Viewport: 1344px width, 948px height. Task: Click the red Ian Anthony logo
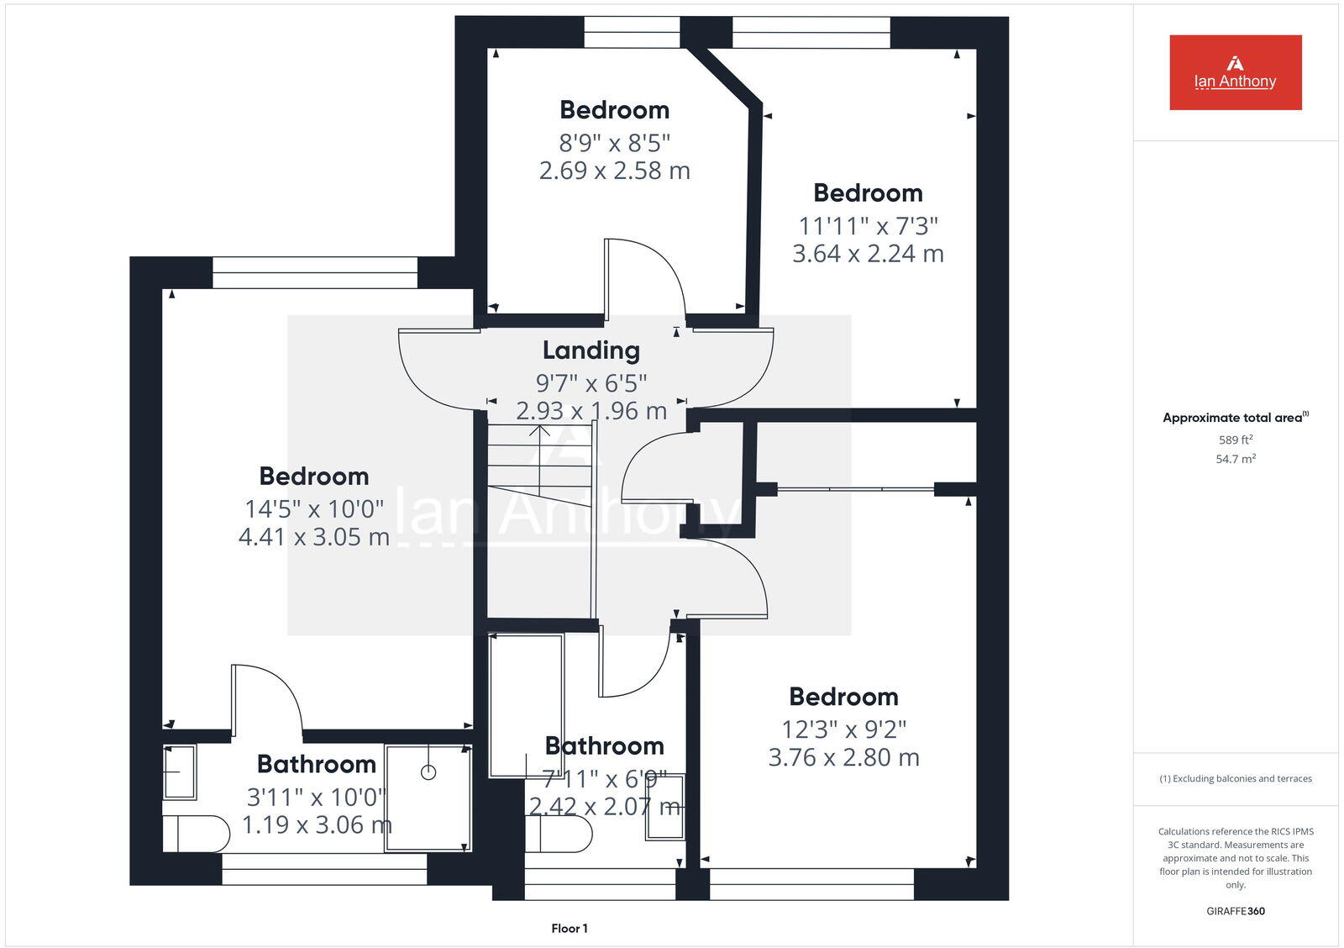tap(1235, 72)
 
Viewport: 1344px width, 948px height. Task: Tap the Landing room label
tap(591, 350)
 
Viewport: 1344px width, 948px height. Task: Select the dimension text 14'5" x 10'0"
tap(314, 509)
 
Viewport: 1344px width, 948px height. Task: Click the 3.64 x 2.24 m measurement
tap(868, 254)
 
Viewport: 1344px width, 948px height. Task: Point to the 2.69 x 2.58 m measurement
tap(614, 171)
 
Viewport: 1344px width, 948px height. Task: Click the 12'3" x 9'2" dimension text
tap(843, 729)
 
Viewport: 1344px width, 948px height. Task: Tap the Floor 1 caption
tap(570, 929)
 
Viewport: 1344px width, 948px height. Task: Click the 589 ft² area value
tap(1235, 440)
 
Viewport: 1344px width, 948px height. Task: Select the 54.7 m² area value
tap(1235, 459)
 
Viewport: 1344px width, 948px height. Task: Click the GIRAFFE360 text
tap(1235, 911)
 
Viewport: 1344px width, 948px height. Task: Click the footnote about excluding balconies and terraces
tap(1235, 779)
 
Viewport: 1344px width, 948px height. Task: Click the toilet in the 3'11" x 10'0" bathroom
tap(197, 835)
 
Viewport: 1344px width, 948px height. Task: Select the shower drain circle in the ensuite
tap(428, 772)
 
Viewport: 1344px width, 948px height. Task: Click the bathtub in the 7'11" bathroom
tap(527, 706)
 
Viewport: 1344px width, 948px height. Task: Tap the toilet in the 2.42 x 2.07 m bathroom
tap(559, 834)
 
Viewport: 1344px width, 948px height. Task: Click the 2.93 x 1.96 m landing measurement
tap(591, 411)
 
